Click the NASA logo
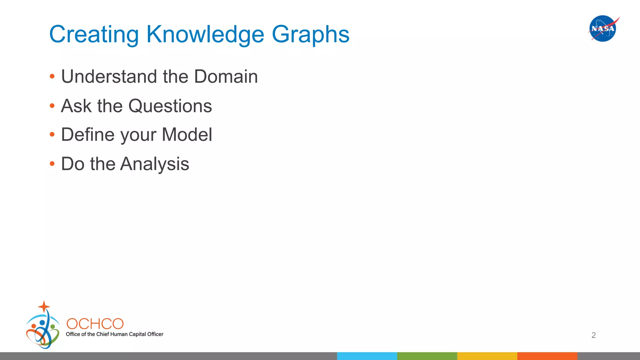click(603, 28)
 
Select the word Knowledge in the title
click(205, 34)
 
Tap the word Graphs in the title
click(310, 34)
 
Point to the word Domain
click(226, 77)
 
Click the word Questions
click(170, 106)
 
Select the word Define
click(87, 135)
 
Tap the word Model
click(187, 135)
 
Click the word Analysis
click(155, 164)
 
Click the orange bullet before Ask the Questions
click(52, 106)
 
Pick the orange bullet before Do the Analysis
click(52, 164)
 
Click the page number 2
click(593, 335)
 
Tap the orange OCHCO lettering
click(95, 324)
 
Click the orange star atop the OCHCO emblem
click(44, 306)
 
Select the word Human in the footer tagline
click(119, 334)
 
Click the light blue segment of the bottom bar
click(367, 356)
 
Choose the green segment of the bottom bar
click(427, 356)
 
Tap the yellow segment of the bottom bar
click(487, 356)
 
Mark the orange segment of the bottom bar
click(547, 356)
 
